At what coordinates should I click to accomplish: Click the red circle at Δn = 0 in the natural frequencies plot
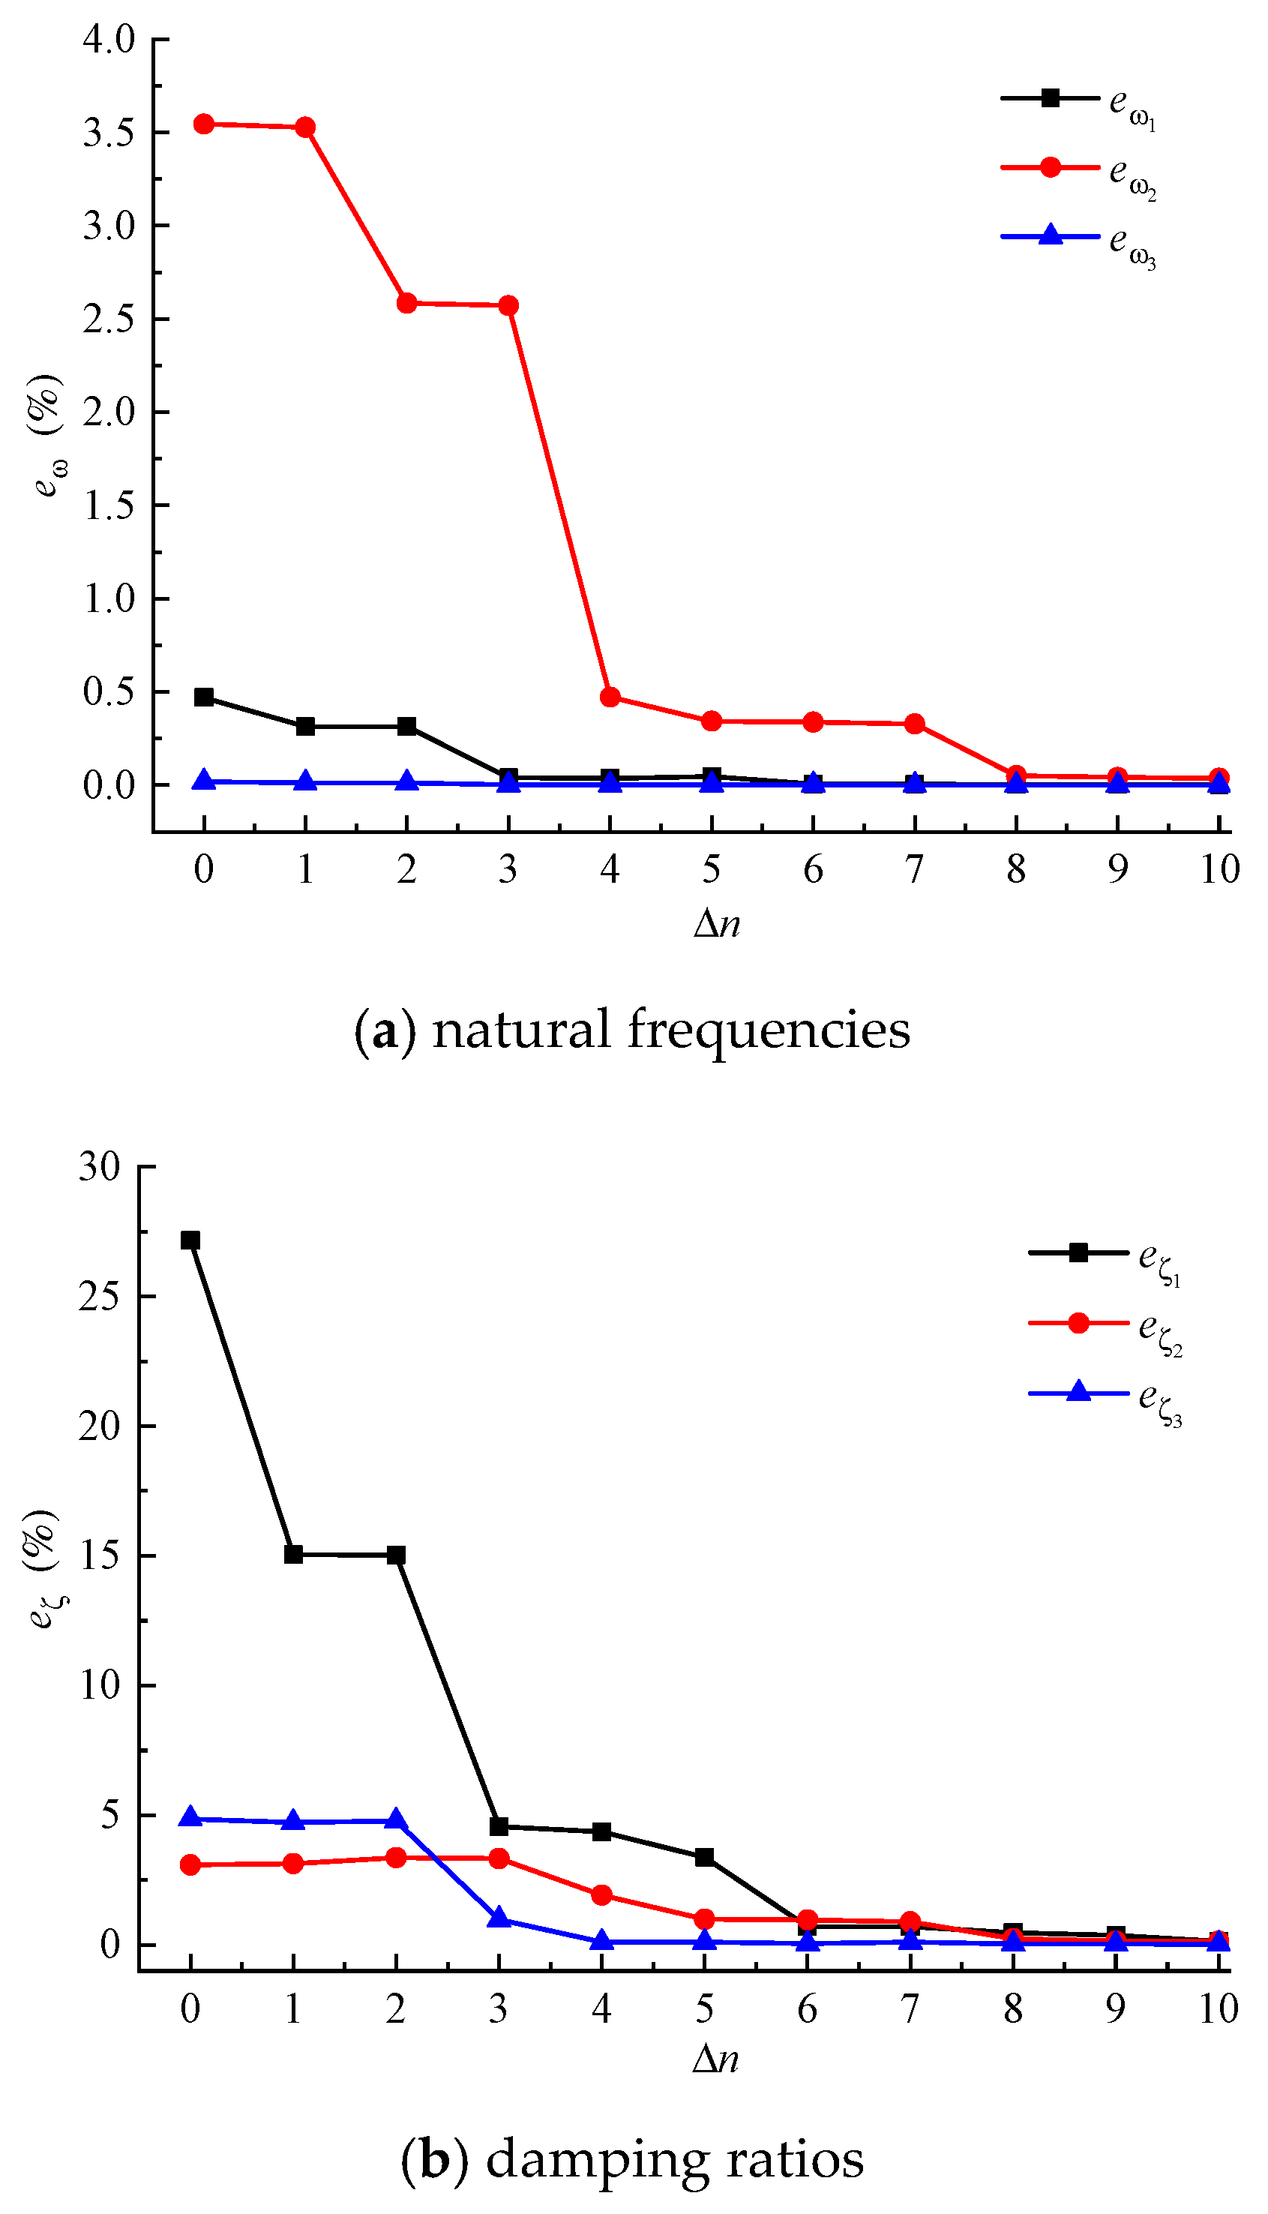click(204, 124)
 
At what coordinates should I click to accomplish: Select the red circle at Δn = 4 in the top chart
click(610, 697)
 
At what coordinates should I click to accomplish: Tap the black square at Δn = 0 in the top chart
click(204, 697)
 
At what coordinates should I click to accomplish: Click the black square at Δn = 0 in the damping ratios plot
click(190, 1240)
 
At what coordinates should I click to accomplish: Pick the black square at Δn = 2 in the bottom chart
click(396, 1555)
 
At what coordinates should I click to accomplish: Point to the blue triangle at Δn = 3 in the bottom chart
click(499, 1918)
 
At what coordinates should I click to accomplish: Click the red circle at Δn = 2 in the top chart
click(406, 303)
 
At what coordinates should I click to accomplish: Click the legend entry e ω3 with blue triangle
click(1080, 238)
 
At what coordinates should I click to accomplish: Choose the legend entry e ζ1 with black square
click(1106, 1255)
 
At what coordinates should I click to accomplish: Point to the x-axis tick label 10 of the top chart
click(1219, 869)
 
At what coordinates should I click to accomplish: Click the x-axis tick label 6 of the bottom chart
click(808, 2009)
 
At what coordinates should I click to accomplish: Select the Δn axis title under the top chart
click(717, 923)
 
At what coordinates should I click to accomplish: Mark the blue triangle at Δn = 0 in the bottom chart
click(190, 1818)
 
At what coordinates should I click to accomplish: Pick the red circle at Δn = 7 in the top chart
click(914, 724)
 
